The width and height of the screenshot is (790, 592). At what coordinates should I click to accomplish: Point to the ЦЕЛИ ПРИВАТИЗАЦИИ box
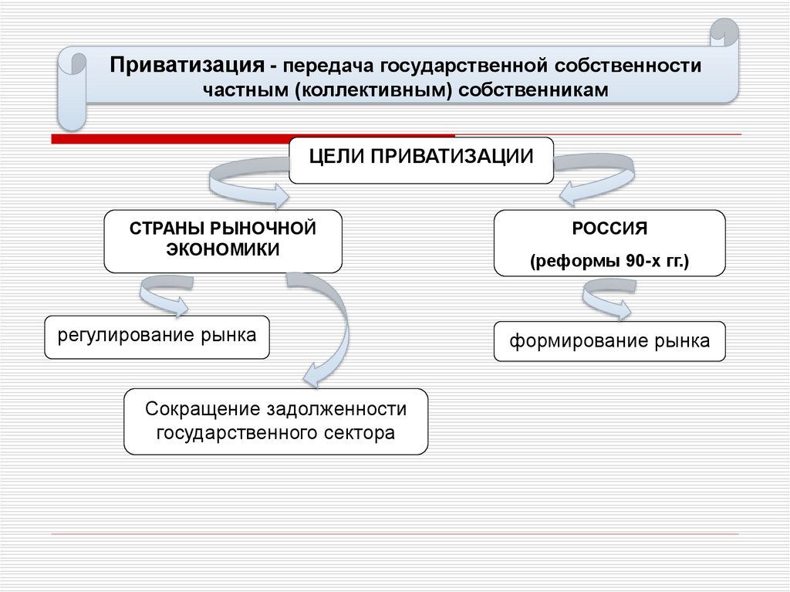pyautogui.click(x=421, y=159)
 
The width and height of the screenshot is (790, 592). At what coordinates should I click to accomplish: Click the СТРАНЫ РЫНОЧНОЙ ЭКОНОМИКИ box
pyautogui.click(x=223, y=240)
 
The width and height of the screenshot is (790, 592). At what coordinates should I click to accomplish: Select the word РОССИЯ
pyautogui.click(x=609, y=229)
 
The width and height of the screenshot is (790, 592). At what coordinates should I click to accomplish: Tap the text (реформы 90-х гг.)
pyautogui.click(x=609, y=262)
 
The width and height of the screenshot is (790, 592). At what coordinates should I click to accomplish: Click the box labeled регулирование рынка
pyautogui.click(x=157, y=337)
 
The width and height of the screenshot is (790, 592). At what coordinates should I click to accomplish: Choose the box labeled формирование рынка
pyautogui.click(x=609, y=341)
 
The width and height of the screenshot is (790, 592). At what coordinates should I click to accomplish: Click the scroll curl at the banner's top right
pyautogui.click(x=724, y=39)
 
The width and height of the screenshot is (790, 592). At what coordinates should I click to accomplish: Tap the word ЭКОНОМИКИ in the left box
pyautogui.click(x=223, y=250)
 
